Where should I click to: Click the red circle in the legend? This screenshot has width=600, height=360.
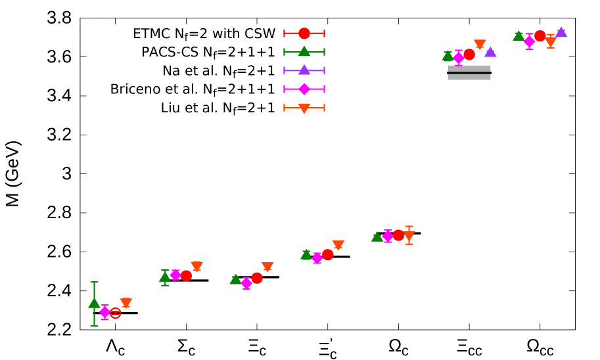(304, 34)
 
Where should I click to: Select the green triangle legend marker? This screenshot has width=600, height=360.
(304, 51)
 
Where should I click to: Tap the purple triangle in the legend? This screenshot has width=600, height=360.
(304, 70)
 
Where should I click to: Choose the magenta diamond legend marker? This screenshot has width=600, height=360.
(304, 89)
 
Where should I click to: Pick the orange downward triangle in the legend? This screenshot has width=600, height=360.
(304, 108)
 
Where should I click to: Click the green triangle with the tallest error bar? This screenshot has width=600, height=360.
(94, 303)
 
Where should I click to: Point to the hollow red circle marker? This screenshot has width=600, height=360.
(115, 313)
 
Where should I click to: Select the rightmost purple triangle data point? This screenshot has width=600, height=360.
(561, 32)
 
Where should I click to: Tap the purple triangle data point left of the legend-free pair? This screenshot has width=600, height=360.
(490, 52)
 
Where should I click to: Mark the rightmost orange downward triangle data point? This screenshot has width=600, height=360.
(551, 42)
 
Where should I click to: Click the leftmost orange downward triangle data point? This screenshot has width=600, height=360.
(126, 303)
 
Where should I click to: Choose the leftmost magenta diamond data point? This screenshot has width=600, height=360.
(104, 312)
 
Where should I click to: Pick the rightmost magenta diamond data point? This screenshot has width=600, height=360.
(529, 41)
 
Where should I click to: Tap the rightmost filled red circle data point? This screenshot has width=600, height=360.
(540, 36)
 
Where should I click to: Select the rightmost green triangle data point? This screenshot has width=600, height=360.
(519, 35)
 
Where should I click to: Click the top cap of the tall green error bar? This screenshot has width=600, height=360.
(94, 282)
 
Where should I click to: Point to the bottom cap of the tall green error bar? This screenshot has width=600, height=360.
(94, 326)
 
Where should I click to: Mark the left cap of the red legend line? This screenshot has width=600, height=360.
(285, 34)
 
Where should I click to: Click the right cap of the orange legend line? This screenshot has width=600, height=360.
(324, 108)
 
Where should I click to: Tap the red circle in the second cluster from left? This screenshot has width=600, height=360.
(186, 276)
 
